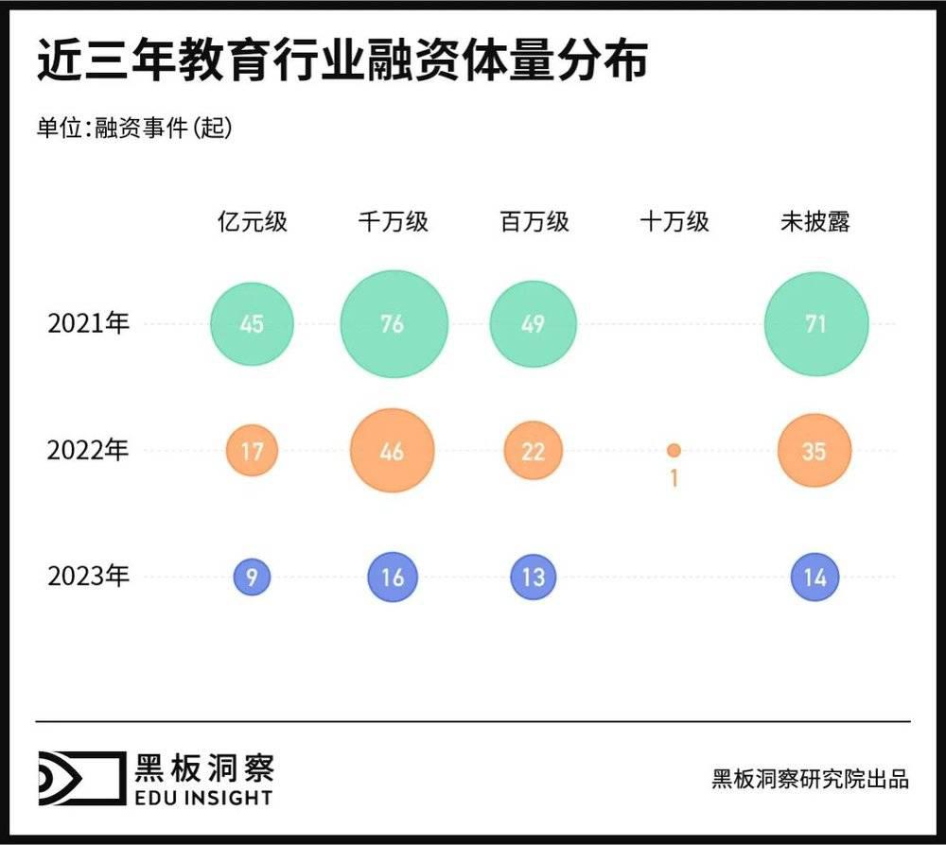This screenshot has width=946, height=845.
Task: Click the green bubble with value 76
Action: [x=392, y=324]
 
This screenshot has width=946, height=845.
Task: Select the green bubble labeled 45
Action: [x=252, y=324]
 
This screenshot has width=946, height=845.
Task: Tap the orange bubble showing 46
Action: [x=392, y=451]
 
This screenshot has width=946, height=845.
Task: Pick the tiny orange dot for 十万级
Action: [x=674, y=451]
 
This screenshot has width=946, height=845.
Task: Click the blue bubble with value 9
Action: [x=252, y=577]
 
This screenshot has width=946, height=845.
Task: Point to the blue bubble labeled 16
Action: [x=392, y=577]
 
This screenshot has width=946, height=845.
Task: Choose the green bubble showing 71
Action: [x=815, y=324]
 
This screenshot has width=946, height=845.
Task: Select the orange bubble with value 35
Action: [x=815, y=451]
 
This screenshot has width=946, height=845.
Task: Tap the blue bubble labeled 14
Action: [x=815, y=577]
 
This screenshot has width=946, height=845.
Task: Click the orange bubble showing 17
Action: [x=252, y=451]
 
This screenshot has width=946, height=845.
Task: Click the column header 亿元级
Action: [x=252, y=222]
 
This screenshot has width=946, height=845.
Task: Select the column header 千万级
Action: [x=392, y=222]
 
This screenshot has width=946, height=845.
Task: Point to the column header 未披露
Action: [x=815, y=222]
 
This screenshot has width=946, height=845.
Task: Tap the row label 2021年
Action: [x=88, y=324]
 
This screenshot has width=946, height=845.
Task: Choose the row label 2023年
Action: [x=88, y=577]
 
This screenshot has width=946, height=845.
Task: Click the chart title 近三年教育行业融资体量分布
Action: [x=342, y=61]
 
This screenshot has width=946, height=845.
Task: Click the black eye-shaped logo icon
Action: [x=79, y=779]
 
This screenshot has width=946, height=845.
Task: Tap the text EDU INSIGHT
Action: [x=203, y=798]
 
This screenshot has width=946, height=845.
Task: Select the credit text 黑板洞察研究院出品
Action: [x=810, y=779]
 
